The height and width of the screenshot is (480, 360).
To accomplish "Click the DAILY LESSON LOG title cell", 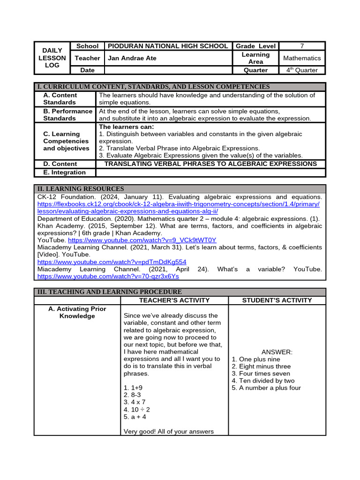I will pos(52,58).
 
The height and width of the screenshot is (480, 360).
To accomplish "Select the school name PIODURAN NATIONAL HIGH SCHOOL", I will pos(168,46).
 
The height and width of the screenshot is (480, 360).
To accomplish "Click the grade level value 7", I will pos(302,46).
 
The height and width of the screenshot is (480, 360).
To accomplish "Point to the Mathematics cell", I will pos(302,58).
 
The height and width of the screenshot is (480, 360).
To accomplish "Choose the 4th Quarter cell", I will pos(302,70).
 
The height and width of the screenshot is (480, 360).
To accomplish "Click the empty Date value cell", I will pos(168,70).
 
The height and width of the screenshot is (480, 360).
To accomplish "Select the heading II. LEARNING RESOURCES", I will pos(81,188).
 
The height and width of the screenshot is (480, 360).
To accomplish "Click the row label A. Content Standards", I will pos(60,98).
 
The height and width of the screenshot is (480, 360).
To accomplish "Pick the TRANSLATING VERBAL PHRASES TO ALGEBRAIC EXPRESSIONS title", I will pos(210,164).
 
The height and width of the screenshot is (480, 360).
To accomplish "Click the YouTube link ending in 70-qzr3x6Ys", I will pos(108,277).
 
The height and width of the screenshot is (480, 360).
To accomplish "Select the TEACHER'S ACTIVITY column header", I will pos(174,300).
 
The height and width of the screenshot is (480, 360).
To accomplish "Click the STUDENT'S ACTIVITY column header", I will pos(277,300).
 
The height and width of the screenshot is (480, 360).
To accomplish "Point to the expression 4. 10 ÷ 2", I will pos(137,409).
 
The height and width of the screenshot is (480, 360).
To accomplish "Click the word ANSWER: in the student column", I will pos(277,352).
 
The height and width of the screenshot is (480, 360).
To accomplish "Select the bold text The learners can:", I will pos(126,127).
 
